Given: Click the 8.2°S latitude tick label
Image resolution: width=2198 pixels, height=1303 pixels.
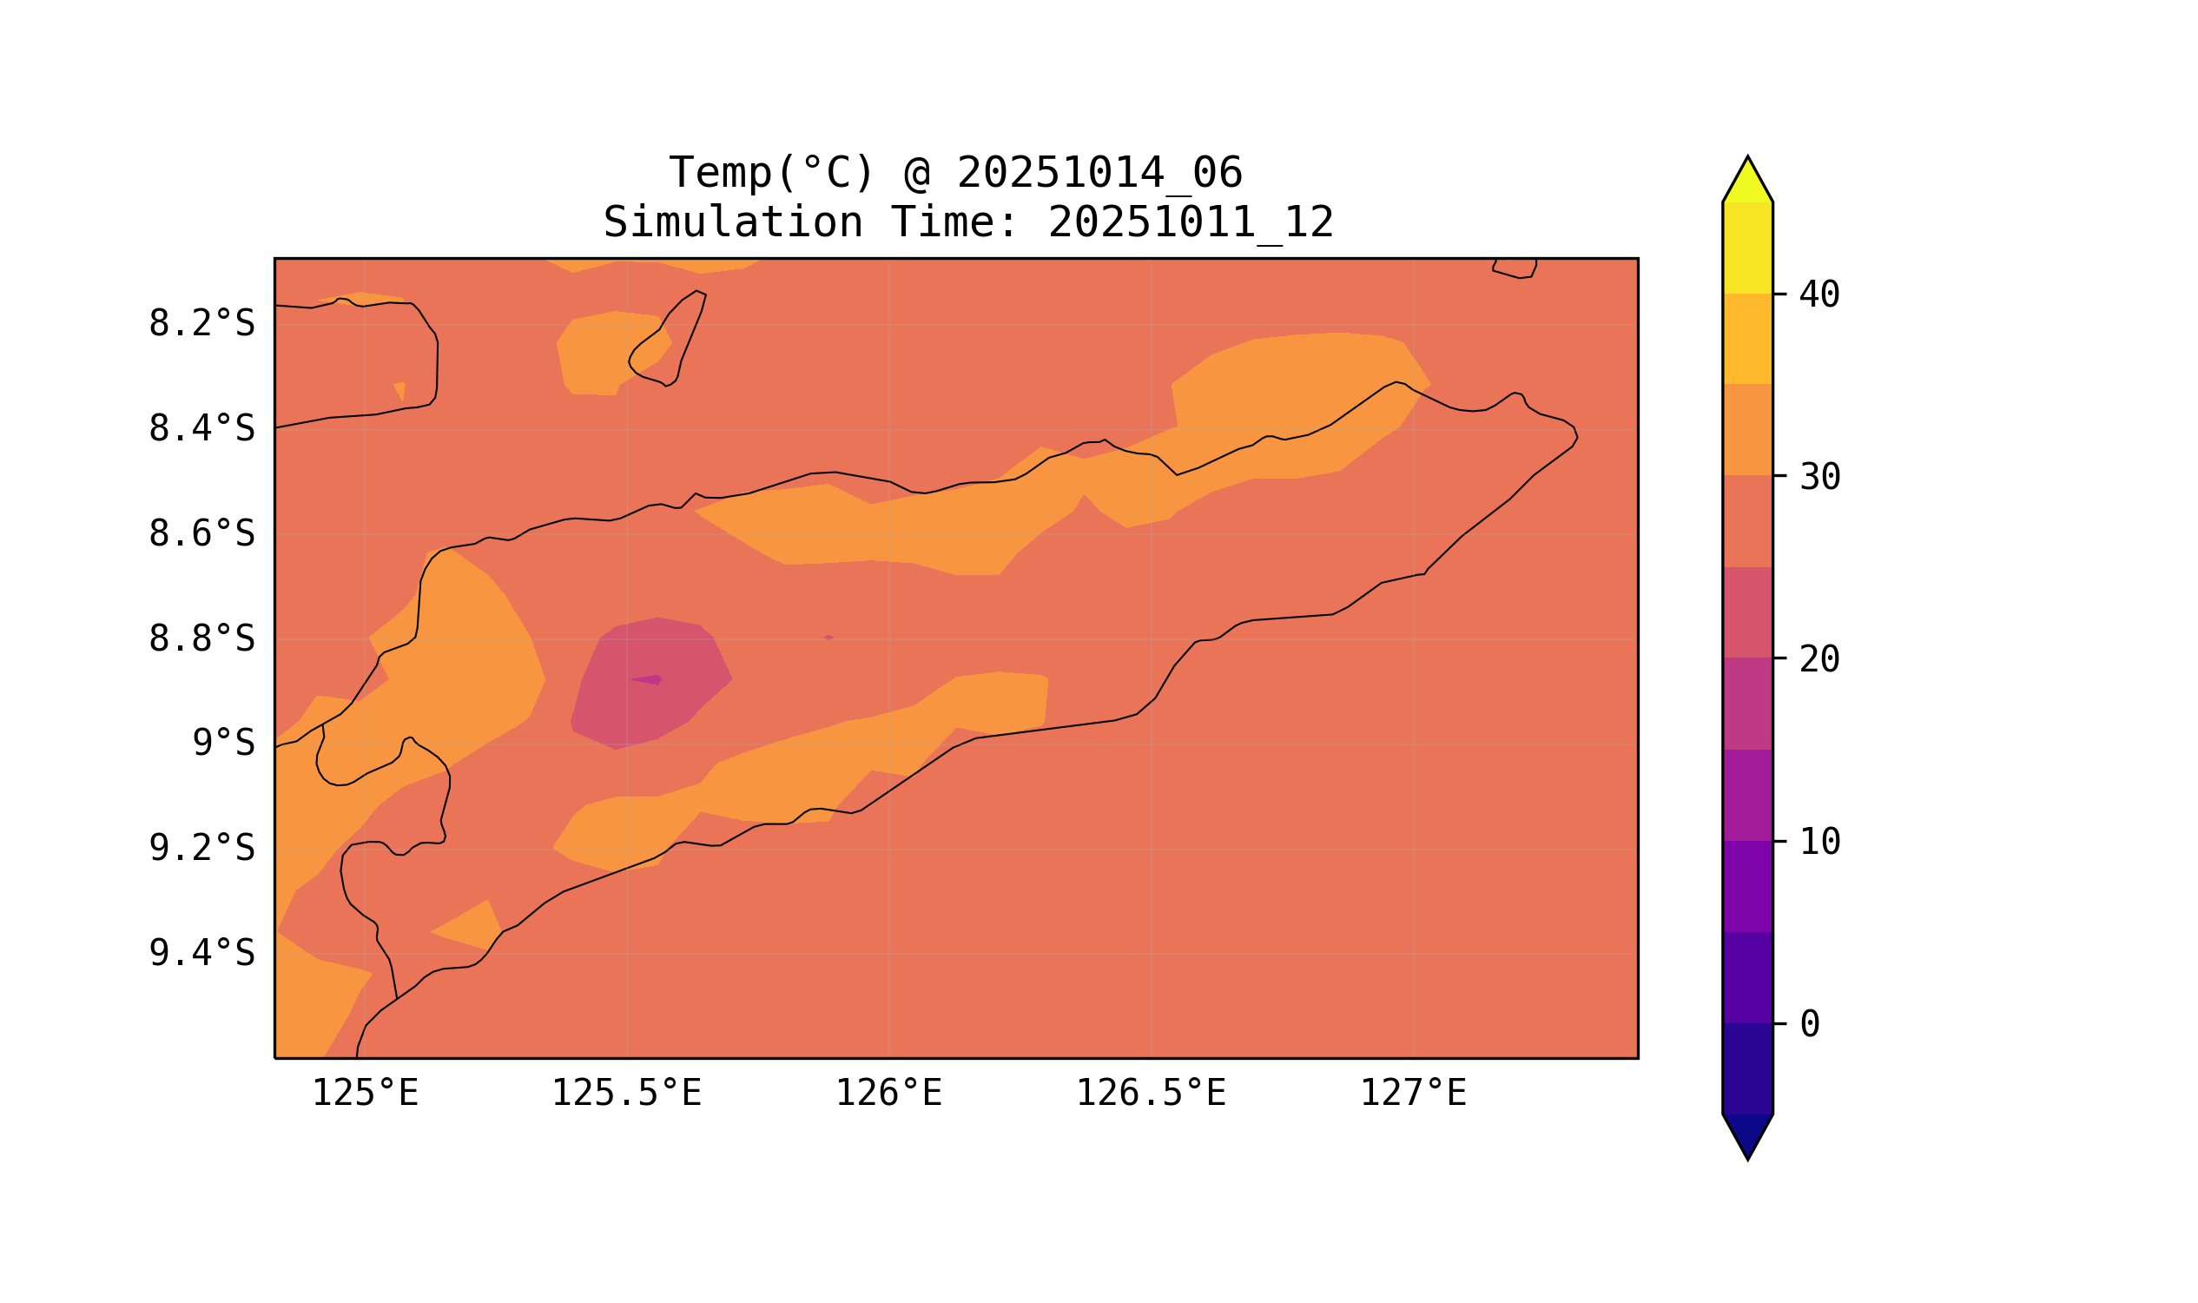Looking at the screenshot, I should click(201, 324).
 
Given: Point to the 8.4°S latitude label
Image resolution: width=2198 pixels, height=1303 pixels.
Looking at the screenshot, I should click(201, 429).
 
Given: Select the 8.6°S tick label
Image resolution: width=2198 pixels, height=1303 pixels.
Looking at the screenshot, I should click(201, 535).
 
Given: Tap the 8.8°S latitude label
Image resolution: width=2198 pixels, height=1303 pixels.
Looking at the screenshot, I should click(201, 640).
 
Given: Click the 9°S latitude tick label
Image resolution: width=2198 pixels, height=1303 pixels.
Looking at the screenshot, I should click(223, 744).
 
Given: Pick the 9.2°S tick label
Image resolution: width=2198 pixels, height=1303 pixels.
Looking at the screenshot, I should click(201, 849).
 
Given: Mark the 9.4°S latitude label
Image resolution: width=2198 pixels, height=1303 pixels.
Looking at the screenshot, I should click(201, 954).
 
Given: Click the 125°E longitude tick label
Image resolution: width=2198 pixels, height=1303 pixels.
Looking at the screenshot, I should click(365, 1094).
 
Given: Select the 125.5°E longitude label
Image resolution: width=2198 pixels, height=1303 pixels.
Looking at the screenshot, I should click(626, 1094).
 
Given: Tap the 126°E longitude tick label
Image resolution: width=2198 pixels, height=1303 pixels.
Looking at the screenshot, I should click(888, 1094).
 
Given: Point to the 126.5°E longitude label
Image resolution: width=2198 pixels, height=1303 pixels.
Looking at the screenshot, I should click(1150, 1094).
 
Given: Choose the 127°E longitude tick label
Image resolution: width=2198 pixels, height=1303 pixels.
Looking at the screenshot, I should click(1412, 1094).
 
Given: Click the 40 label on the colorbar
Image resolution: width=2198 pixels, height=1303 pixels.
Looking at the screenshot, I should click(1818, 295).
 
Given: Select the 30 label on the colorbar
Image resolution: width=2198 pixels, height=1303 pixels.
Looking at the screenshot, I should click(1818, 478).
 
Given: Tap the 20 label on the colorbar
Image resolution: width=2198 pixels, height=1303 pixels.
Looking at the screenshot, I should click(1818, 659).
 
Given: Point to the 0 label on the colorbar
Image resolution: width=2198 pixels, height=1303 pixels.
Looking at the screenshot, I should click(1809, 1025).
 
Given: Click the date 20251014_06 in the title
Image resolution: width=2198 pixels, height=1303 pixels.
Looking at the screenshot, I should click(1099, 173).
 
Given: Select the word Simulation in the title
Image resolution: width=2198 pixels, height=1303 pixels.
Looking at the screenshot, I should click(732, 223).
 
